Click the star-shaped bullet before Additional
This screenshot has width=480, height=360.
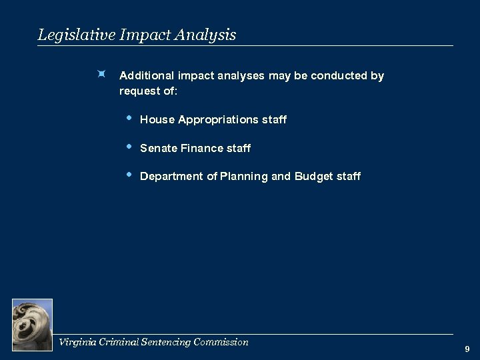pos(100,75)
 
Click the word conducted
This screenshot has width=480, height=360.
pos(338,76)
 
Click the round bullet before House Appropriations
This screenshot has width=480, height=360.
pos(129,118)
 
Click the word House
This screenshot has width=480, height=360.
pos(157,120)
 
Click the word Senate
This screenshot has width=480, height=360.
pos(159,149)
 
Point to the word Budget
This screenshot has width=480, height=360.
pos(315,177)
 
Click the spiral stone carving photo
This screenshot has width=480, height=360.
pos(32,324)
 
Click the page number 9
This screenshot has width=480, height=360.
pos(467,349)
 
